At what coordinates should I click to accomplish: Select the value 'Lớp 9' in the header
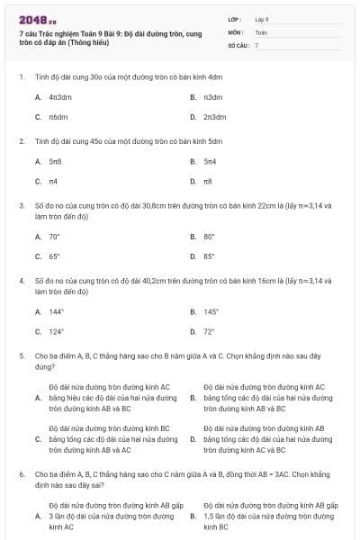[x=262, y=19]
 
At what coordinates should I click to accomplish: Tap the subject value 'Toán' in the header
[x=260, y=31]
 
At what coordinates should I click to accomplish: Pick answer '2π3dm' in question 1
[x=214, y=117]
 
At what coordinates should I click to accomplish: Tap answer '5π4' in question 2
[x=210, y=161]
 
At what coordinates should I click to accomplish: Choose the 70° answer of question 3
[x=54, y=237]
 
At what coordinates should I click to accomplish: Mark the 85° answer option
[x=209, y=256]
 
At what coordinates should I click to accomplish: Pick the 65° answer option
[x=54, y=256]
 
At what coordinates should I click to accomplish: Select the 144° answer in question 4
[x=56, y=312]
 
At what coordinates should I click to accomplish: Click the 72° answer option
[x=209, y=331]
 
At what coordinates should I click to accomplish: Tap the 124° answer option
[x=56, y=331]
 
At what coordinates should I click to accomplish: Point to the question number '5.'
[x=21, y=356]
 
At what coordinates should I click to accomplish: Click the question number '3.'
[x=21, y=205]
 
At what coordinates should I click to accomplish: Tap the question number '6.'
[x=21, y=472]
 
